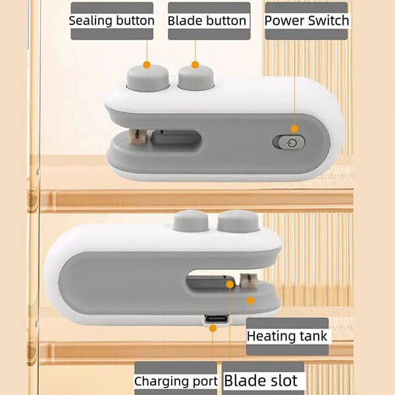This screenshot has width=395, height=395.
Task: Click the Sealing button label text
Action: coord(112,20)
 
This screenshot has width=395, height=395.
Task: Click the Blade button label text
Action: coord(207,20)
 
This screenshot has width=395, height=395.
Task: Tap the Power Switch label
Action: coord(307,20)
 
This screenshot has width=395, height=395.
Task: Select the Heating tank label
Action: coord(286,336)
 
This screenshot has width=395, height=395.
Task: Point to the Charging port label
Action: coord(176,381)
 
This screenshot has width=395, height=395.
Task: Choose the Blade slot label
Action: coord(261,381)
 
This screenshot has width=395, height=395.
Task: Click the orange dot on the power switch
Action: coord(294,129)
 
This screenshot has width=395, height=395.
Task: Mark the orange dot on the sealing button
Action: coord(147,65)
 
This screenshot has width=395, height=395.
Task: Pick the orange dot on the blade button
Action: coord(194,65)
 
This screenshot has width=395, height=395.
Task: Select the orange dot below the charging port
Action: coord(213,329)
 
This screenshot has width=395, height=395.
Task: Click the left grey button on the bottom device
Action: coord(188,221)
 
